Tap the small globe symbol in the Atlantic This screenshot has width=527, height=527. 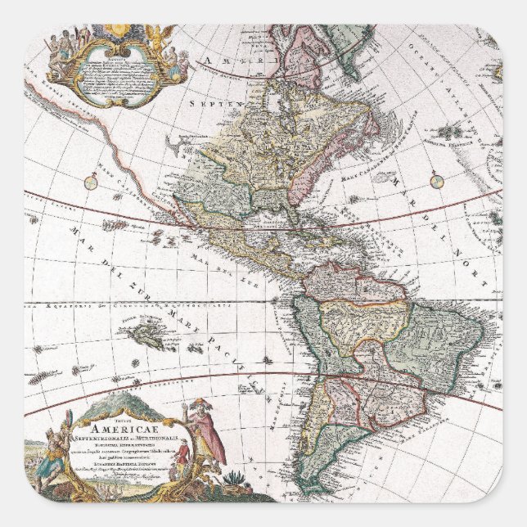[436, 182]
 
